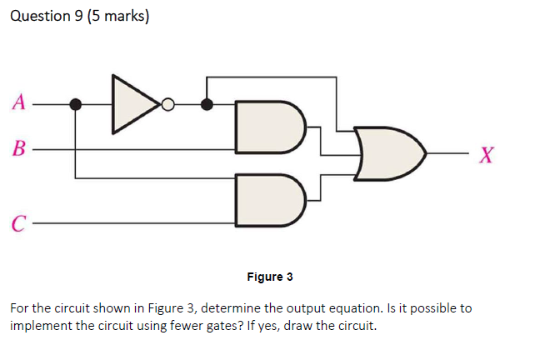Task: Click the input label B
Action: (19, 152)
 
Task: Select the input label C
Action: (18, 223)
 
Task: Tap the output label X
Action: (488, 153)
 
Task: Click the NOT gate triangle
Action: (134, 104)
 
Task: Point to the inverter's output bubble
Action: (168, 105)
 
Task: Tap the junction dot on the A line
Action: (76, 104)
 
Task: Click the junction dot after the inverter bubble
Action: (207, 105)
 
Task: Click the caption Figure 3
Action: (270, 276)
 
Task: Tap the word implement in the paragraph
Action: (42, 324)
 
